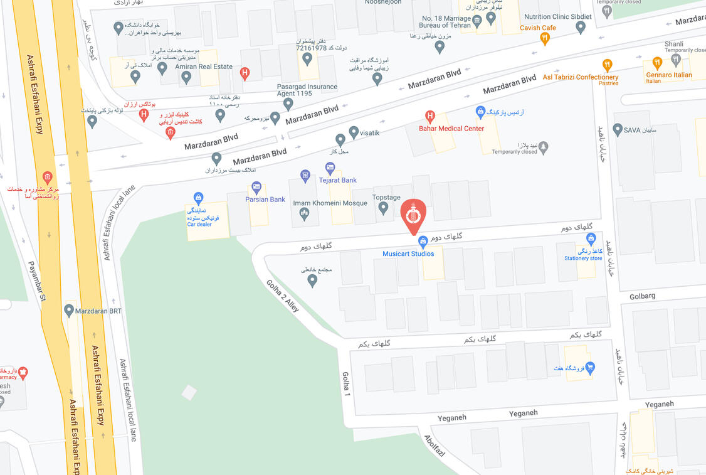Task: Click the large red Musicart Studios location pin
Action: click(x=413, y=216)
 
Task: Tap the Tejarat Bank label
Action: click(x=338, y=181)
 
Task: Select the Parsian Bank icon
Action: click(x=256, y=187)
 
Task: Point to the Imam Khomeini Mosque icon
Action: click(x=305, y=215)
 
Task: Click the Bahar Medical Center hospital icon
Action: click(x=430, y=116)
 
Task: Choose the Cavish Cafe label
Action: click(x=538, y=28)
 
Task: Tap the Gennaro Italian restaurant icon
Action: click(x=657, y=63)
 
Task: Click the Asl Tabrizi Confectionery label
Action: click(x=580, y=78)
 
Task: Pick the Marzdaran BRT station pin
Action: click(x=69, y=310)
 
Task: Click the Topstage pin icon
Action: click(x=383, y=208)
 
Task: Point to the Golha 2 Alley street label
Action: click(x=283, y=297)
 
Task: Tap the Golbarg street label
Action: click(x=642, y=296)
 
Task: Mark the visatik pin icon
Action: click(x=354, y=132)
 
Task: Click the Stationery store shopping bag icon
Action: click(x=591, y=239)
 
